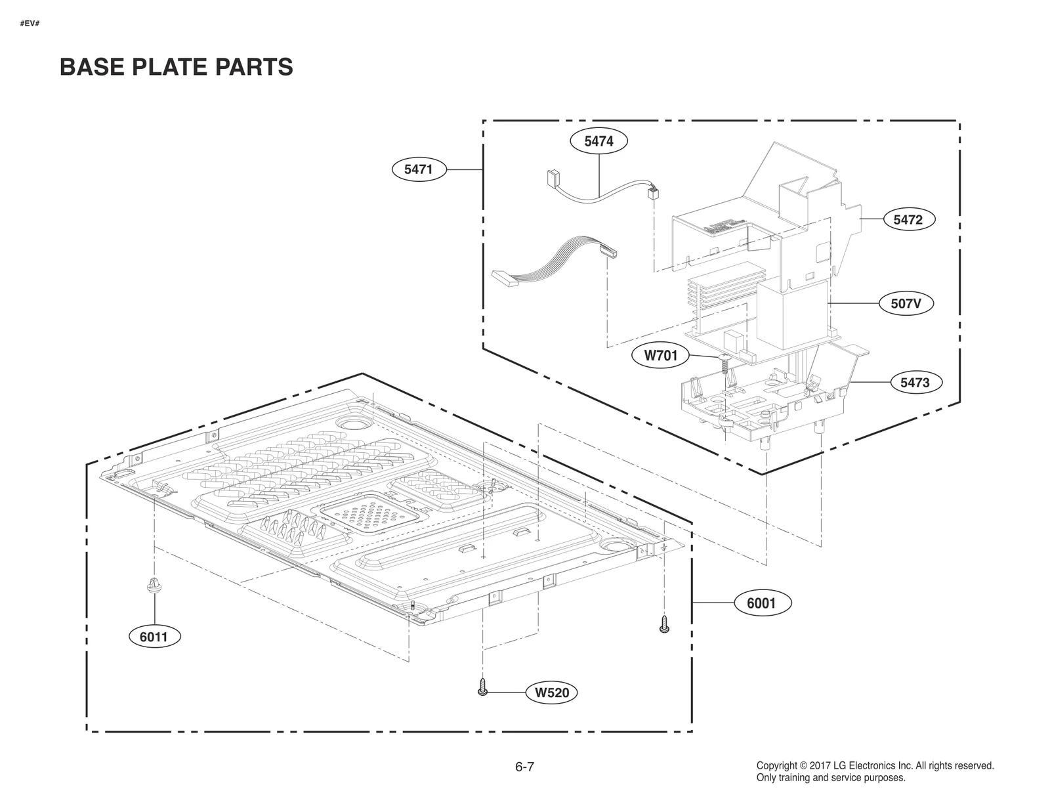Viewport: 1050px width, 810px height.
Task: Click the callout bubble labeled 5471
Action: click(418, 169)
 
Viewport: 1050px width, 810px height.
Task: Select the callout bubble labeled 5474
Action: click(598, 140)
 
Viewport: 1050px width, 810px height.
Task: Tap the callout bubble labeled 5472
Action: click(908, 220)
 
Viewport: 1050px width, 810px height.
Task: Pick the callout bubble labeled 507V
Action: click(906, 304)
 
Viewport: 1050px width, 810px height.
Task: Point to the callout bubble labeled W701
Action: click(660, 356)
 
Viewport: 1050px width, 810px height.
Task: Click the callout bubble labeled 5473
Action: click(915, 382)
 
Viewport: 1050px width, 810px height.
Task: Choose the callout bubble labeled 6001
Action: click(761, 603)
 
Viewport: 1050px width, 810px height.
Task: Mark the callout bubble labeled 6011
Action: click(154, 636)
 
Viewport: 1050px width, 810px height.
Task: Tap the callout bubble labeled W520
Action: click(551, 692)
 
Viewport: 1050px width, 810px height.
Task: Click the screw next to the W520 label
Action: click(483, 687)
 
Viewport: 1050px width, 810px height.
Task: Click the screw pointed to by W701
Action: click(725, 362)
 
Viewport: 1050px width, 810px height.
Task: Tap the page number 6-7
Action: click(524, 767)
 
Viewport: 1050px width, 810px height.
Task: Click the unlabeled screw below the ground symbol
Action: click(664, 624)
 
